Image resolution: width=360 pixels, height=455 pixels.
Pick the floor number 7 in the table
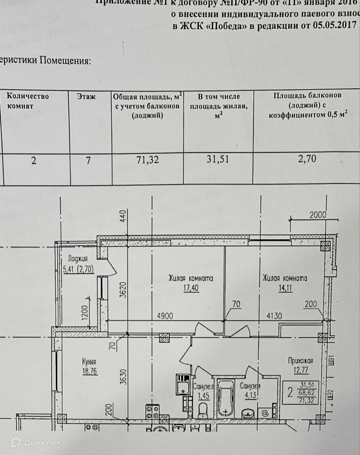88,160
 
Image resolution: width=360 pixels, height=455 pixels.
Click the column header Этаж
86,96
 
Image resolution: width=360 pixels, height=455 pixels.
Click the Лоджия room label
78,259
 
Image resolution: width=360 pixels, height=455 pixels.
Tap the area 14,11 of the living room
285,287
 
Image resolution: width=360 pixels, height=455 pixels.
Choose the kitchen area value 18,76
88,372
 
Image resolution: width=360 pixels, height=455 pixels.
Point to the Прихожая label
300,360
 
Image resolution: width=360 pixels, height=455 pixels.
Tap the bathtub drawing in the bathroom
225,398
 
